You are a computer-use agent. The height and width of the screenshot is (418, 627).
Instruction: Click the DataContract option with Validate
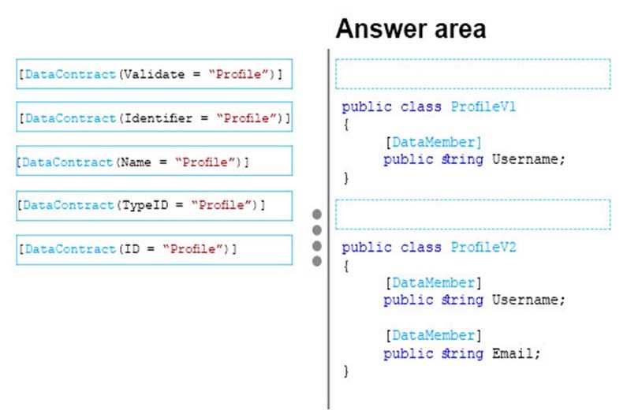pyautogui.click(x=155, y=74)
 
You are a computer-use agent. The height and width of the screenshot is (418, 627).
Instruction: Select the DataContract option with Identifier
pyautogui.click(x=155, y=117)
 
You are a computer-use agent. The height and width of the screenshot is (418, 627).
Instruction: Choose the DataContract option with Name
pyautogui.click(x=155, y=161)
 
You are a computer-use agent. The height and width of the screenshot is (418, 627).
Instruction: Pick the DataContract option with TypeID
pyautogui.click(x=155, y=206)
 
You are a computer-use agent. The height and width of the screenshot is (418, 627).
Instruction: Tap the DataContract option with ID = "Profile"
pyautogui.click(x=155, y=249)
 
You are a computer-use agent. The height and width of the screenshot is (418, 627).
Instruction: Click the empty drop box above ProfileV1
pyautogui.click(x=473, y=74)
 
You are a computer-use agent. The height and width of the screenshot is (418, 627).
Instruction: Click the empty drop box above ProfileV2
pyautogui.click(x=473, y=215)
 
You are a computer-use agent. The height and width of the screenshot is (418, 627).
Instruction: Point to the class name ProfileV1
pyautogui.click(x=483, y=106)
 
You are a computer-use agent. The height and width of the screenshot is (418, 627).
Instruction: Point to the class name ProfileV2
pyautogui.click(x=483, y=247)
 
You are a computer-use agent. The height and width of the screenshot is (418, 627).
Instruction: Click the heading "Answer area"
pyautogui.click(x=411, y=29)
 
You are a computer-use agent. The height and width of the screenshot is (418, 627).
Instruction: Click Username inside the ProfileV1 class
pyautogui.click(x=524, y=159)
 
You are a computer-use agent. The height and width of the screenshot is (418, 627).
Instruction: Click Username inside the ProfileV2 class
pyautogui.click(x=524, y=300)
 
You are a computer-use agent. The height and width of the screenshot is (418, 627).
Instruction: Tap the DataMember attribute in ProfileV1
pyautogui.click(x=434, y=142)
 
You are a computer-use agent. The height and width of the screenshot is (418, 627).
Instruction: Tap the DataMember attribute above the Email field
pyautogui.click(x=434, y=335)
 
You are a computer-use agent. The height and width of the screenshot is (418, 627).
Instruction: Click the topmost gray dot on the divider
pyautogui.click(x=317, y=215)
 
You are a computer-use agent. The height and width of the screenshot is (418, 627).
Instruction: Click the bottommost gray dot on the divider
pyautogui.click(x=317, y=261)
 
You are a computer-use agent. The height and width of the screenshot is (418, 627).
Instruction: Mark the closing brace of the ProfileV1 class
pyautogui.click(x=346, y=178)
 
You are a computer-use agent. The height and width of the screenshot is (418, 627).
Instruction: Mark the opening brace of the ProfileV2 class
pyautogui.click(x=346, y=266)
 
